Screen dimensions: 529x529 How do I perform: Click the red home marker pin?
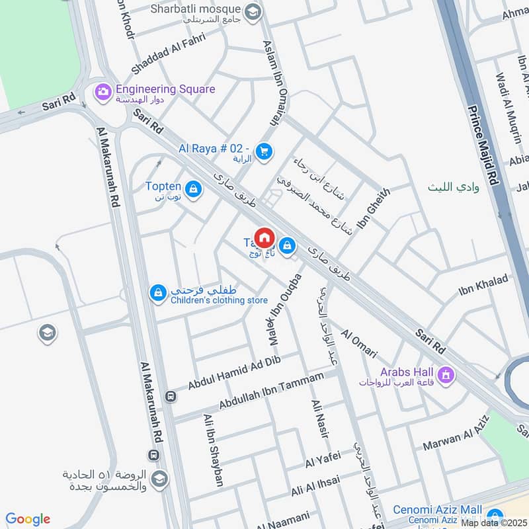(264, 237)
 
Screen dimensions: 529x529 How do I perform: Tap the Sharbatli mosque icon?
(253, 11)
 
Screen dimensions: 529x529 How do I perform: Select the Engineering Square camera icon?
(102, 90)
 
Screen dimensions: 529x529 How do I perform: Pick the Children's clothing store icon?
(157, 292)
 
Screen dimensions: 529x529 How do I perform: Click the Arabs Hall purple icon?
(448, 376)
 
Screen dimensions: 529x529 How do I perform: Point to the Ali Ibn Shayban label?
(213, 450)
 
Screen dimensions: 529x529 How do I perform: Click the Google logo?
(28, 519)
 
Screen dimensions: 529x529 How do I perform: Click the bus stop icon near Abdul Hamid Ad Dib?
(171, 397)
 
